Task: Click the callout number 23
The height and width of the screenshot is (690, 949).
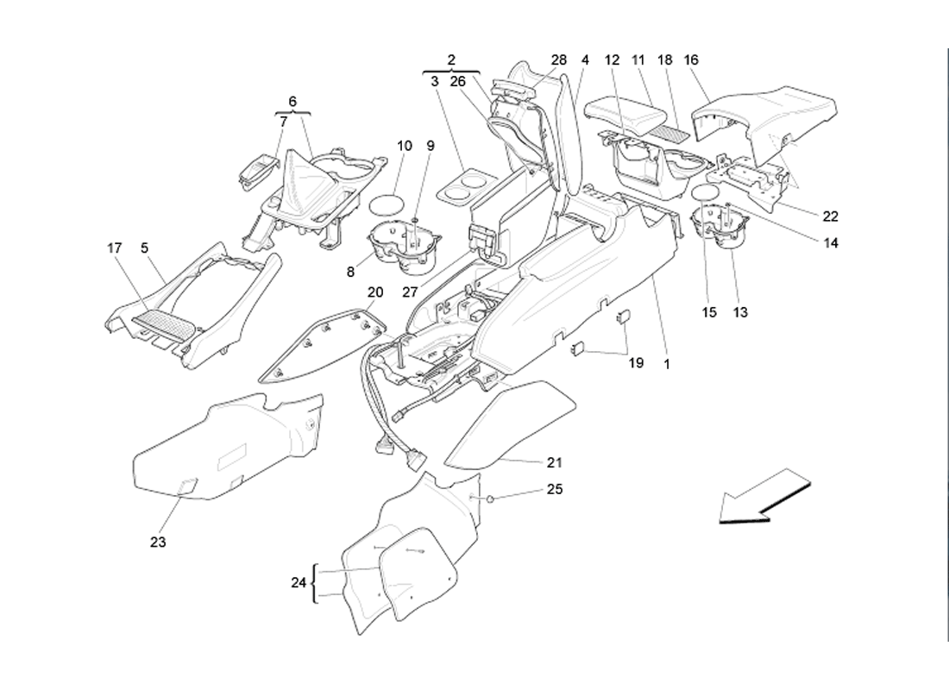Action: [x=158, y=543]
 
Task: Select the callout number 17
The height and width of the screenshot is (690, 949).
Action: [x=115, y=248]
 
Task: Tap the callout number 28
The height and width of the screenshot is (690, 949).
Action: [x=559, y=60]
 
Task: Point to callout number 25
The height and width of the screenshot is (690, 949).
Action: [x=555, y=489]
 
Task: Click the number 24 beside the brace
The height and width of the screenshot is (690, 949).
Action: [x=299, y=583]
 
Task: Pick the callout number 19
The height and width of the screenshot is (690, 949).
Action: [x=636, y=363]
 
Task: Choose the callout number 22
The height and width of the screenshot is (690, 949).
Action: [x=830, y=216]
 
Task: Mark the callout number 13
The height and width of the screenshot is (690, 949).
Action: [x=740, y=312]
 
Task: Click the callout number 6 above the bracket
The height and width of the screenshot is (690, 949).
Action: [x=292, y=102]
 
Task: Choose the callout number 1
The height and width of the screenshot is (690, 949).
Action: [x=667, y=364]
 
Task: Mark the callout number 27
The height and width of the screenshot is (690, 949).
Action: [x=410, y=292]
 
